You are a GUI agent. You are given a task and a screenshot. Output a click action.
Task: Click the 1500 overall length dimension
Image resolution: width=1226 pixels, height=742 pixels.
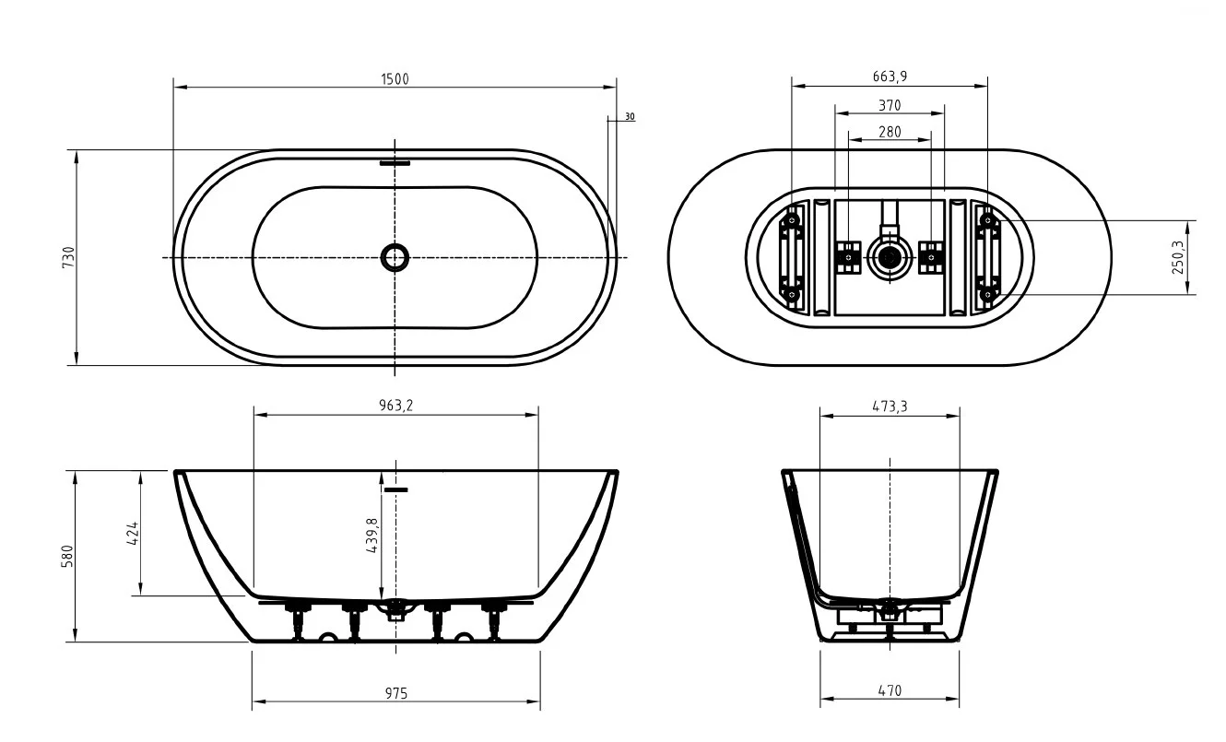[395, 79]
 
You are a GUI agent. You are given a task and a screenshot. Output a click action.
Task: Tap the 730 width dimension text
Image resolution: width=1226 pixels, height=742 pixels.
[68, 257]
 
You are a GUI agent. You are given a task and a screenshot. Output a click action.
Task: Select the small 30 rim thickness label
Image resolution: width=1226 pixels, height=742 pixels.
[630, 117]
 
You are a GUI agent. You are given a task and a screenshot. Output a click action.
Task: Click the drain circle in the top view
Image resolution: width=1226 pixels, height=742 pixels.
[395, 257]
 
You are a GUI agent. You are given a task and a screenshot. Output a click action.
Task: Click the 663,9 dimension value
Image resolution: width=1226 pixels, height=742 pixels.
[890, 77]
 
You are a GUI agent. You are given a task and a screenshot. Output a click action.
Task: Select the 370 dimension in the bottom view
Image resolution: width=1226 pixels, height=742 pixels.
[890, 105]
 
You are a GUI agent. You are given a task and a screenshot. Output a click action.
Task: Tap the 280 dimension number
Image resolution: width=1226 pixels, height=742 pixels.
[890, 132]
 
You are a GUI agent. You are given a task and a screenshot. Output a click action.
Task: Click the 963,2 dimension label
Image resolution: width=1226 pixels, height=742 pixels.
[395, 406]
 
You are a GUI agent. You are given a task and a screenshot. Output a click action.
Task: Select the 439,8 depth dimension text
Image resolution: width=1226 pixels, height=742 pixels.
[371, 535]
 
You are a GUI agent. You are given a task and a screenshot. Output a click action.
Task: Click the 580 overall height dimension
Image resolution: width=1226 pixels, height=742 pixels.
[67, 557]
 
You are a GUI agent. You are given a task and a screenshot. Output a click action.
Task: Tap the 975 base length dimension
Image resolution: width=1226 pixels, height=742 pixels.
[395, 693]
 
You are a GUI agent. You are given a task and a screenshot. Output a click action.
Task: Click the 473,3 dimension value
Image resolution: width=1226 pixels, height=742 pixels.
[890, 406]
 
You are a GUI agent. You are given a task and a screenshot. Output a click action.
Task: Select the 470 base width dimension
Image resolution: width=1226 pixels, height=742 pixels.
[890, 690]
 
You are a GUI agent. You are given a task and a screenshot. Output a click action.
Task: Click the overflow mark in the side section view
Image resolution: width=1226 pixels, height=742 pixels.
[395, 489]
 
